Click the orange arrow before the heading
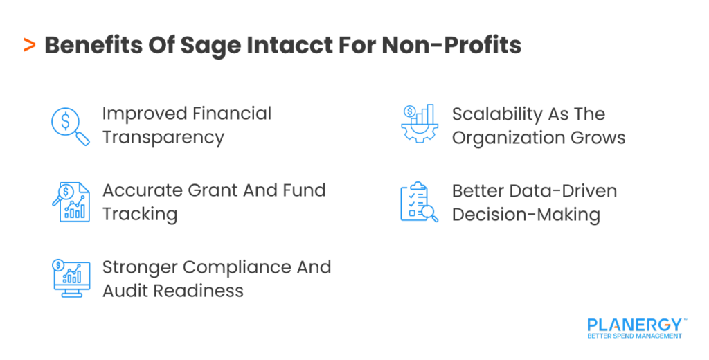coord(29,46)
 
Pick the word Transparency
coord(163,137)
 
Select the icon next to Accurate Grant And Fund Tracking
coord(71,202)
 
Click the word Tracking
coord(140,215)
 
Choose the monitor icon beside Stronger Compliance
coord(71,278)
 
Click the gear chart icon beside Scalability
coord(420,125)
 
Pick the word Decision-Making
coord(526,215)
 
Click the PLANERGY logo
coord(634,327)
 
